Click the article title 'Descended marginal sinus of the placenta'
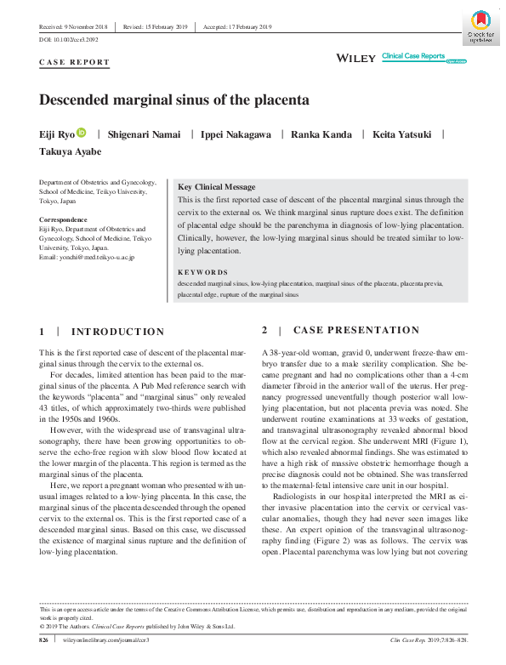click(x=174, y=99)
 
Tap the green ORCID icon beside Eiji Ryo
click(x=82, y=133)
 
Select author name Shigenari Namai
click(x=144, y=134)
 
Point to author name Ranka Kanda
click(x=322, y=134)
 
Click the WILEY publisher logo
click(x=357, y=58)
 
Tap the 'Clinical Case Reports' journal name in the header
click(x=413, y=55)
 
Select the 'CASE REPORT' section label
click(x=75, y=62)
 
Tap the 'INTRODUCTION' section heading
click(x=117, y=332)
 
